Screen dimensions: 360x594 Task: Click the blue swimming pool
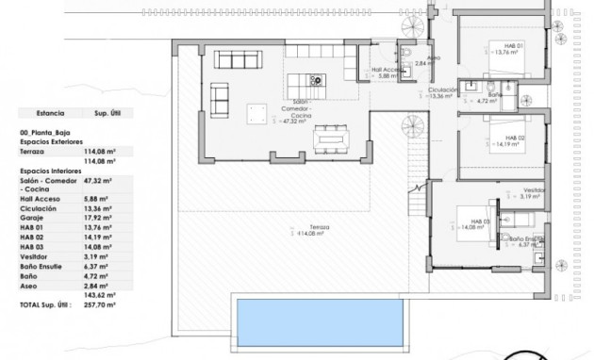(x=321, y=322)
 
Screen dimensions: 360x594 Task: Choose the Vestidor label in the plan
(x=534, y=192)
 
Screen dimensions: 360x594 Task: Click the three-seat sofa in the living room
(x=219, y=97)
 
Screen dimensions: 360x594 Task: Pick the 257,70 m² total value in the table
(x=98, y=306)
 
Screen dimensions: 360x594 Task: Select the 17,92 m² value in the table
(x=98, y=217)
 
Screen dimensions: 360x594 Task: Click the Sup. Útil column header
(x=98, y=111)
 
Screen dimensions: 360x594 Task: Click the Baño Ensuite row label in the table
(x=42, y=267)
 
